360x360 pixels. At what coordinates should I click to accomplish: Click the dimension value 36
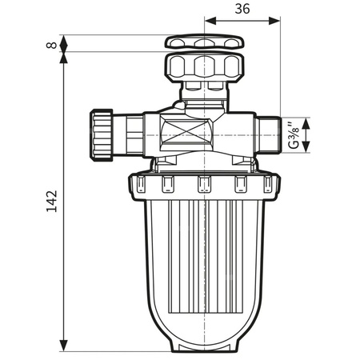pos(243,9)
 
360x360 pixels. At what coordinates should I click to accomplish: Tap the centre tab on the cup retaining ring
pos(203,186)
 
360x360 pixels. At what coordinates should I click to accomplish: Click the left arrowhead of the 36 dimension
pos(210,23)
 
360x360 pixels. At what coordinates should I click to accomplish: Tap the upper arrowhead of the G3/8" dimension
pos(305,117)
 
